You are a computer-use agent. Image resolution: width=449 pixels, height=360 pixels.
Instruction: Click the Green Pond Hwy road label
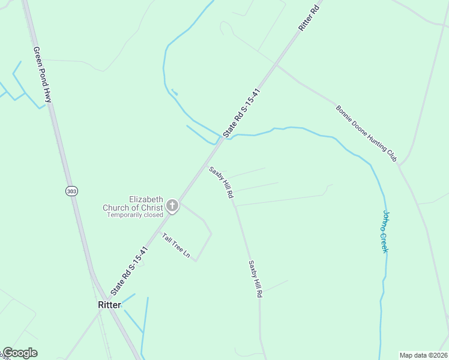pos(43,76)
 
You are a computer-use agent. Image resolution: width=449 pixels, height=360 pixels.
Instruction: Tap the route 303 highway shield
pos(71,190)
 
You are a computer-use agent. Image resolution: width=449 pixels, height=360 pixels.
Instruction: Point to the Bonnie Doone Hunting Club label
pos(366,134)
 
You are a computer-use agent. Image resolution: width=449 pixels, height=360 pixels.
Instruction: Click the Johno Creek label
pos(386,232)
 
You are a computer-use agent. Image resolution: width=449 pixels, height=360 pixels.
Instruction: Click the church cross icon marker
pos(172,206)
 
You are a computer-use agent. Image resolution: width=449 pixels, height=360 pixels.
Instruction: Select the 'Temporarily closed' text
pos(135,215)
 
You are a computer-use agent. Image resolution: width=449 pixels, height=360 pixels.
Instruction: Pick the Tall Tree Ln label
pos(176,246)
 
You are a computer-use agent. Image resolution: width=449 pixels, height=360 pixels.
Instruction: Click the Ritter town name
pos(109,305)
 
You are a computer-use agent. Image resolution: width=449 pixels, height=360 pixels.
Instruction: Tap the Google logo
pos(20,353)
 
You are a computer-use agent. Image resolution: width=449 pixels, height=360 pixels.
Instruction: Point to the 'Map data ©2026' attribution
pos(424,355)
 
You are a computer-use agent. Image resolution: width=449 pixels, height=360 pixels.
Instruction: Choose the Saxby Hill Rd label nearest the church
pos(221,182)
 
